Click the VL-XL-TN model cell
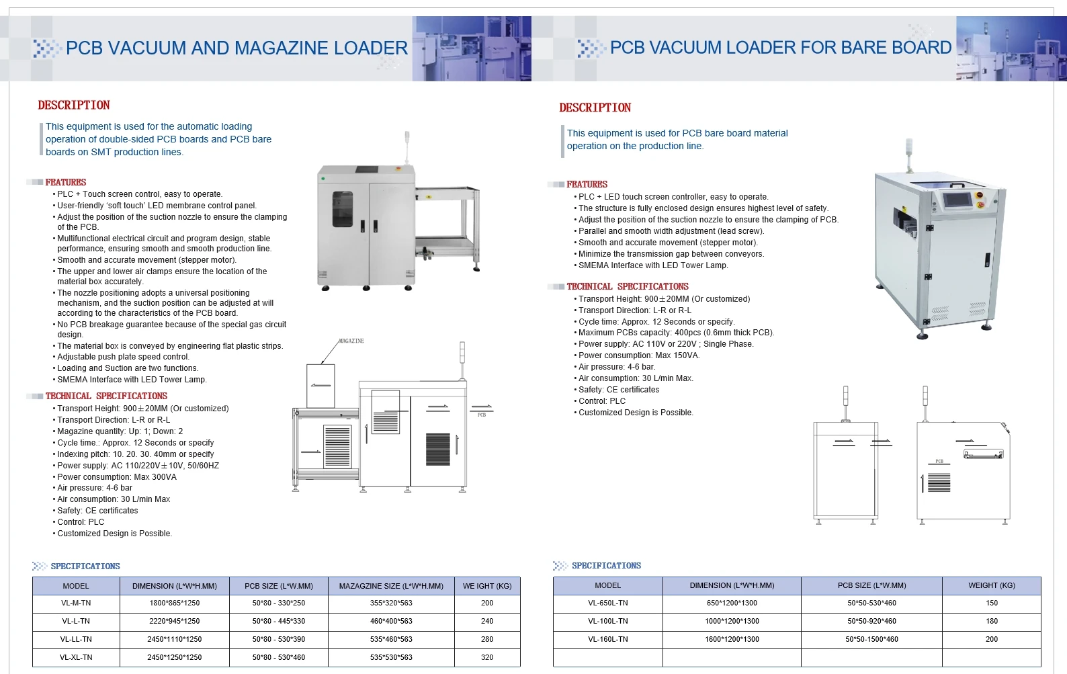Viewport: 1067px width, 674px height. point(76,657)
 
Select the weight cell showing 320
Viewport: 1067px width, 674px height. point(487,657)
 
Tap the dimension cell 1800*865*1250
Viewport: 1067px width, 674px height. point(175,603)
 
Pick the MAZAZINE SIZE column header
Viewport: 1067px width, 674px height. point(391,586)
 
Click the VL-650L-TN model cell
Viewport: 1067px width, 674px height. point(607,603)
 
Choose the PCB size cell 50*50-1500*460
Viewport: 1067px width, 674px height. point(871,639)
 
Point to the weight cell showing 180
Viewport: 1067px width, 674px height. point(992,621)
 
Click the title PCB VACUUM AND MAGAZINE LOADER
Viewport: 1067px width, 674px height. point(237,48)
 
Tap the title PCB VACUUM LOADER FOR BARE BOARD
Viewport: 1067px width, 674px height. point(780,48)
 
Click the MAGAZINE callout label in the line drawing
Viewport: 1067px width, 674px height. point(351,341)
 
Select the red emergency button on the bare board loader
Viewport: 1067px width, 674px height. point(979,202)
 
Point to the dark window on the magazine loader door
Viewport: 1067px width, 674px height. point(343,209)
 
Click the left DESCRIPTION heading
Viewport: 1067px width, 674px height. point(74,106)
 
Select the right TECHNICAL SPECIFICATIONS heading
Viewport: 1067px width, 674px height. point(627,286)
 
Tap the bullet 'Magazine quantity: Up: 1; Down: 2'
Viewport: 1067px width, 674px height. point(120,431)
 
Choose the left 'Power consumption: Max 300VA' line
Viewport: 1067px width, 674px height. point(116,477)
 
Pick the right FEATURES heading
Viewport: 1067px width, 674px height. point(587,184)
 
